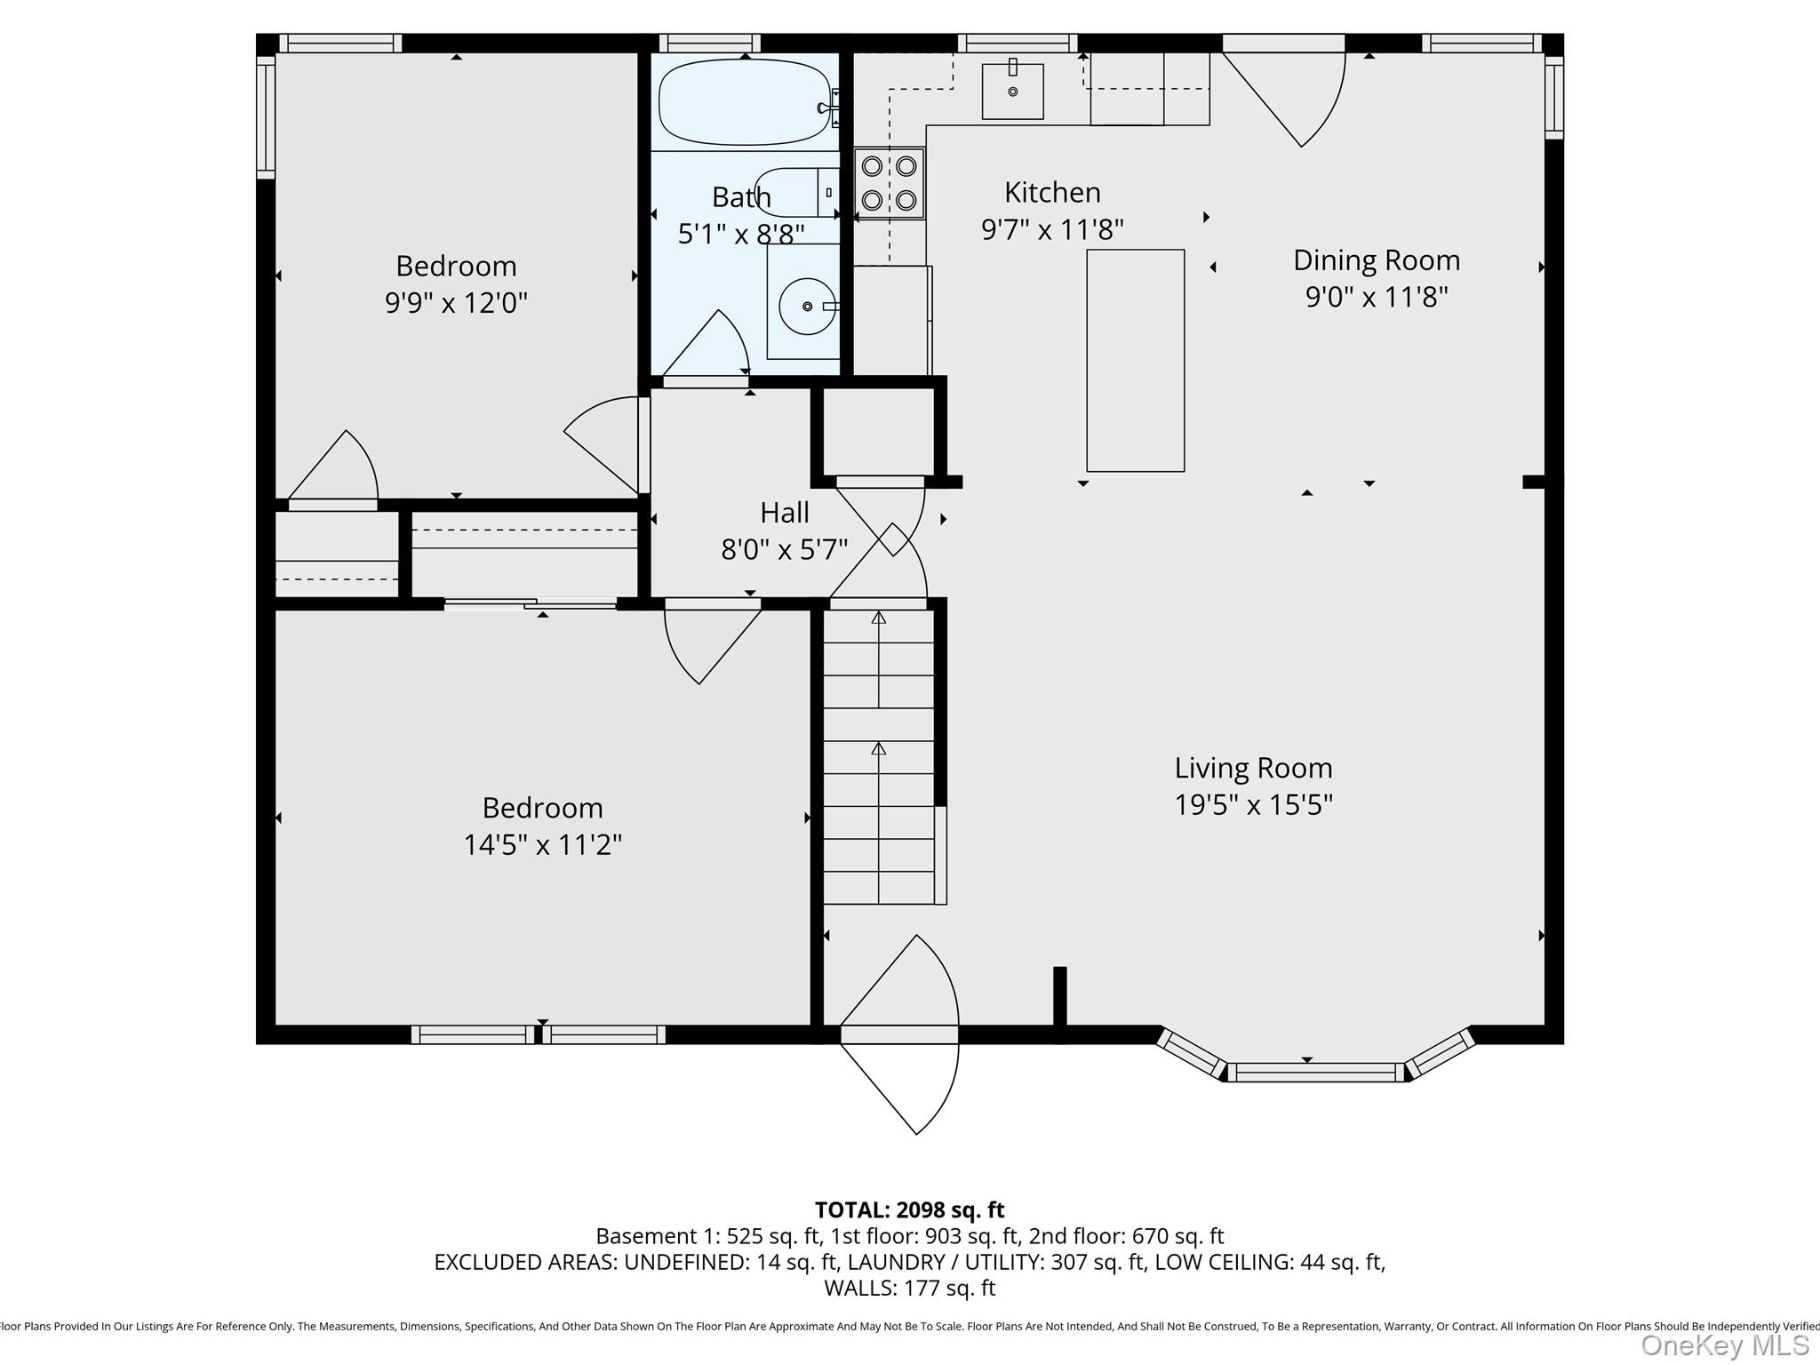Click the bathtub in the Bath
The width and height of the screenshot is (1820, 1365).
745,102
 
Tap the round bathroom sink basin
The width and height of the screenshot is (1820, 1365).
807,307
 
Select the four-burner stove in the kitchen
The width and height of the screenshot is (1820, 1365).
890,183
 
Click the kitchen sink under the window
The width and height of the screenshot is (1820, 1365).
1012,91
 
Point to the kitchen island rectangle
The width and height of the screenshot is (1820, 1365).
1135,360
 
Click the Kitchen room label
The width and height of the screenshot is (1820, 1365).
1052,192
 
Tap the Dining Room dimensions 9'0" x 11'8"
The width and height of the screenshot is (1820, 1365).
1376,297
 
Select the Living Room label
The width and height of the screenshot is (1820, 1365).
1253,768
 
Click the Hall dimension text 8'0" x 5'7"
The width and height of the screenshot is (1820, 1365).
784,550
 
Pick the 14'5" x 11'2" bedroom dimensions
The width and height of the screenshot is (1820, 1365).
542,844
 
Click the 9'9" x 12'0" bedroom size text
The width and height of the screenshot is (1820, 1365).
456,303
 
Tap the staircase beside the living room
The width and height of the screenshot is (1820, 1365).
879,755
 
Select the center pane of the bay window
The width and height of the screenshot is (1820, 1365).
1315,1072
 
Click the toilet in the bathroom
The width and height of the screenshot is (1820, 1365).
791,192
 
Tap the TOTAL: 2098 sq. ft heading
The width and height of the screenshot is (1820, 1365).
909,1209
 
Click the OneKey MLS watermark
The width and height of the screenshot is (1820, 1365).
1724,1345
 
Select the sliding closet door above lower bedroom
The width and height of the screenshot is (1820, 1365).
531,604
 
